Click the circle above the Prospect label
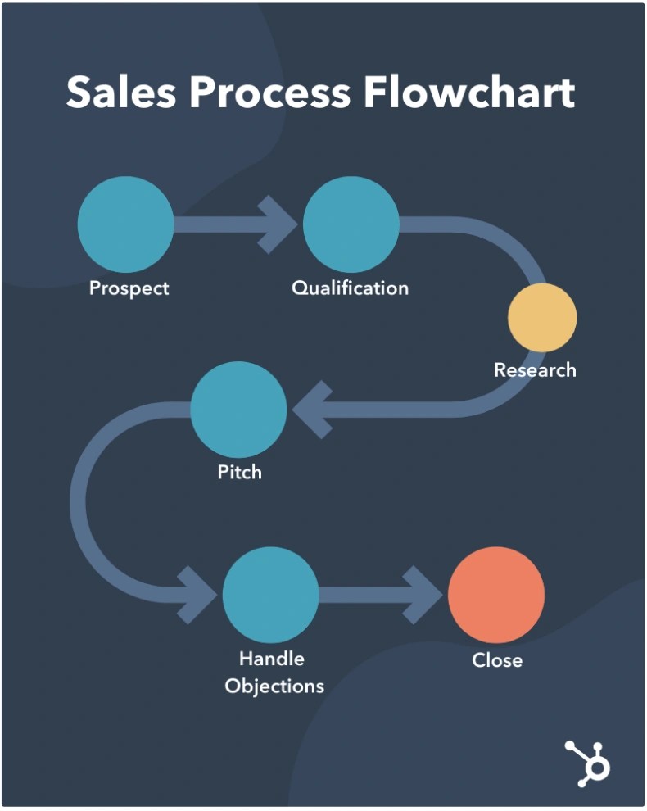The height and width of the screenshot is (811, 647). tap(125, 224)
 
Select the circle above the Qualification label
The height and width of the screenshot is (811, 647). tap(351, 224)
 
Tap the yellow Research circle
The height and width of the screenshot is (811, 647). tap(542, 318)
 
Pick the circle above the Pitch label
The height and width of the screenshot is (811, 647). tap(238, 409)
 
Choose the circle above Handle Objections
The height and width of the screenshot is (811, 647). tap(270, 595)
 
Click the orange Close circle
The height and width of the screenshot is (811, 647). tap(496, 595)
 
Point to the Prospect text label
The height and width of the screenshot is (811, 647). tap(129, 288)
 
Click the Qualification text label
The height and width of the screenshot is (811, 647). tap(350, 288)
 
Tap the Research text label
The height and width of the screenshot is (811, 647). tap(535, 369)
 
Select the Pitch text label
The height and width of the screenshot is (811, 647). tap(239, 473)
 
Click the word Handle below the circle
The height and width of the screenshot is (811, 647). tap(271, 659)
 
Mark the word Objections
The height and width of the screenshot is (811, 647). tap(274, 686)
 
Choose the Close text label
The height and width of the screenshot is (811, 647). tap(496, 659)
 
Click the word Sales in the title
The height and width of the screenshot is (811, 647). tap(120, 93)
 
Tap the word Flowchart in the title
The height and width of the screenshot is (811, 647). tap(469, 93)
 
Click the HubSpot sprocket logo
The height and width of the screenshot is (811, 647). tap(587, 763)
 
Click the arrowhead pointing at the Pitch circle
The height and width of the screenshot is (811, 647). tap(312, 409)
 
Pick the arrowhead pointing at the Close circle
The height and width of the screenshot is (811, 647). tap(426, 595)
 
